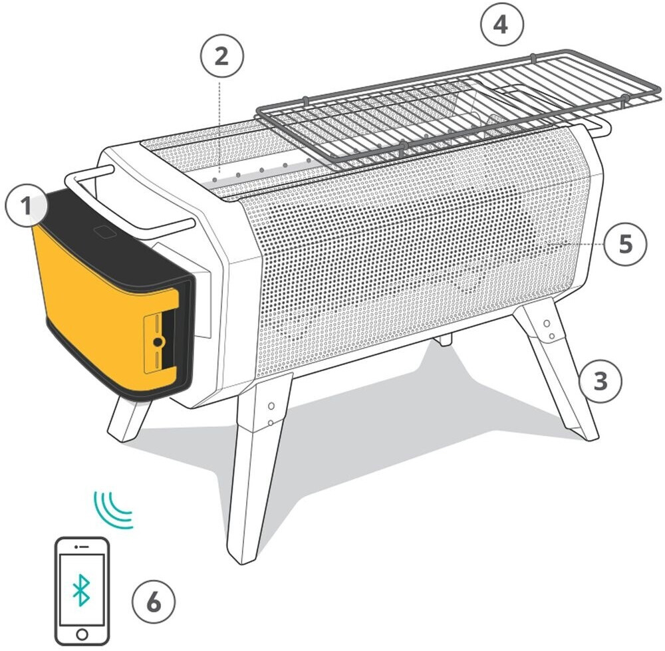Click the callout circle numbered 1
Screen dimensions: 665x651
27,206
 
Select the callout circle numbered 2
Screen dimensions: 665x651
222,56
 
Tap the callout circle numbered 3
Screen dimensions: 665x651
600,381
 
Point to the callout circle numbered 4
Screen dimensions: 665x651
501,24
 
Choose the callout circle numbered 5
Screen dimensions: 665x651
625,244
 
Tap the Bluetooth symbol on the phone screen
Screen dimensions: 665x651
81,590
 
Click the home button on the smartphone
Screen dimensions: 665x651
82,634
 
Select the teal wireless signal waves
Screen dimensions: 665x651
113,510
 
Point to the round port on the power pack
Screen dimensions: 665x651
158,342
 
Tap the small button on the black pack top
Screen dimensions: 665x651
106,231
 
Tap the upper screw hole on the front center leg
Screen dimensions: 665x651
271,406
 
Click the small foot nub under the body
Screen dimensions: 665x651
444,339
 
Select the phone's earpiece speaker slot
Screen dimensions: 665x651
83,547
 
